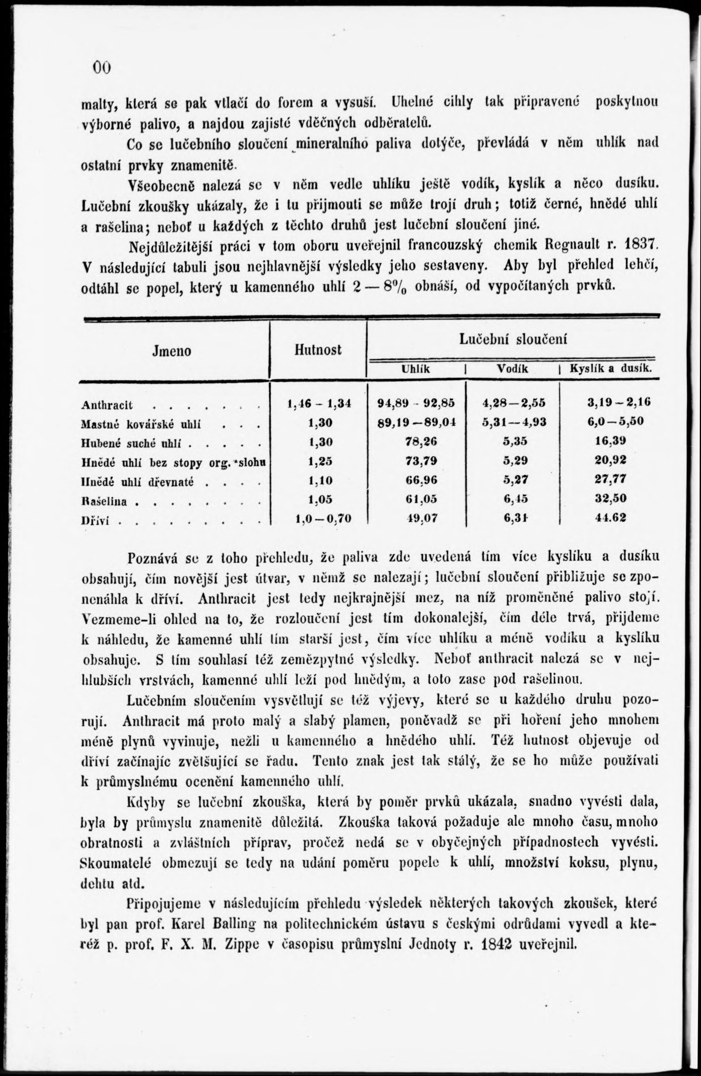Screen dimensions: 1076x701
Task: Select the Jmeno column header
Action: click(172, 351)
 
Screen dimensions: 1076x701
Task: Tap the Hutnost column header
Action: click(317, 350)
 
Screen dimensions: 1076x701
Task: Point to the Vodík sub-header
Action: click(512, 369)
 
